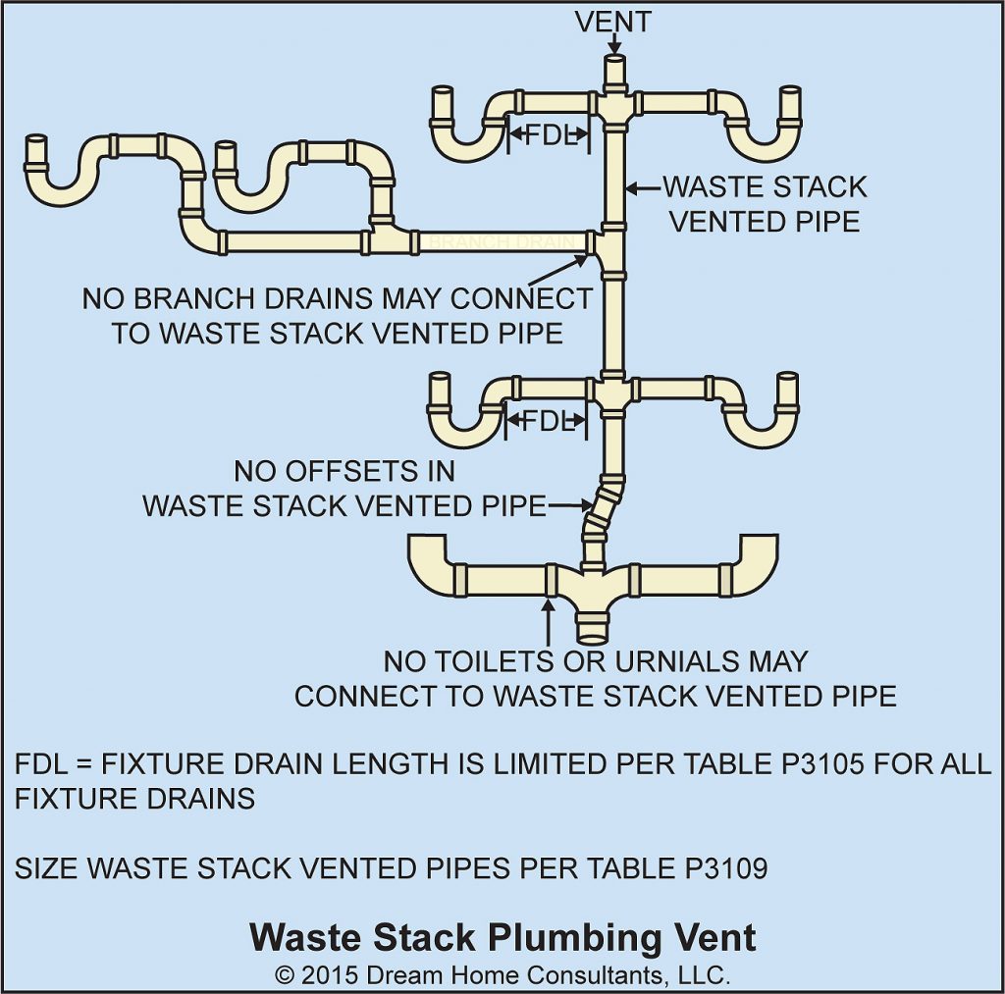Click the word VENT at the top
point(613,21)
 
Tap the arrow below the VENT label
point(613,45)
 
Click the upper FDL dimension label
point(550,135)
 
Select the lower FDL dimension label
point(547,422)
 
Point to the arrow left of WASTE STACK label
point(642,186)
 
